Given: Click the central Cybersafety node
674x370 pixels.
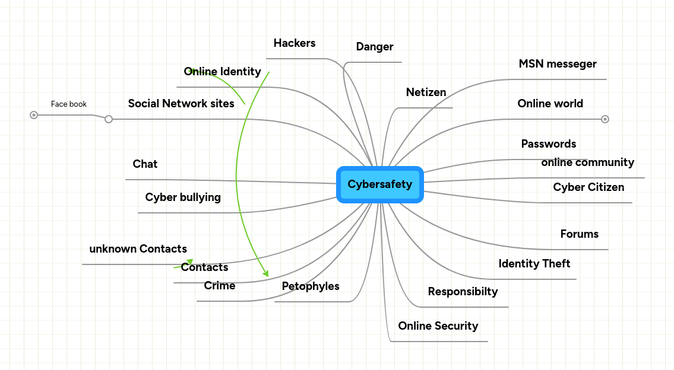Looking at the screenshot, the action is tap(379, 184).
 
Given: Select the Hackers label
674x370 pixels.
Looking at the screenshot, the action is tap(295, 43).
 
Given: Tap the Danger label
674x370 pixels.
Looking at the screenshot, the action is tap(375, 47).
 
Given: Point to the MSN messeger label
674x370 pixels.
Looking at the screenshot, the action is tap(558, 64).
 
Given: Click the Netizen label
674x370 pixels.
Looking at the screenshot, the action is tap(426, 92).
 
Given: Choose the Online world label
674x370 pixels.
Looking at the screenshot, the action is tap(550, 104).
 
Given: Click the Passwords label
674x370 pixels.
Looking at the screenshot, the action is tap(548, 144).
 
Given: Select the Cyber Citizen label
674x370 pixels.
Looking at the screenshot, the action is tap(588, 187).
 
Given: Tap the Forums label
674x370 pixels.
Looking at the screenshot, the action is tap(579, 234).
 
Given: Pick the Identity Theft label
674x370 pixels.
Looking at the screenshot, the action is tap(534, 264).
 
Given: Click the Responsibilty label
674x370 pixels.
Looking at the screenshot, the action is tap(463, 292).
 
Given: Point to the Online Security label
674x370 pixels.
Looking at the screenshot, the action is tap(438, 326).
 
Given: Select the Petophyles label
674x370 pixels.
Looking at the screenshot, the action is tap(311, 286).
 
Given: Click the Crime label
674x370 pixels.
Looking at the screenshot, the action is tap(220, 286).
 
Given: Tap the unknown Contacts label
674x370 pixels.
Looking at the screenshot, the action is tap(138, 249).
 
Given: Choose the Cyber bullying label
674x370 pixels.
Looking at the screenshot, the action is tap(183, 197).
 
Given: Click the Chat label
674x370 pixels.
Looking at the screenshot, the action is tap(145, 164).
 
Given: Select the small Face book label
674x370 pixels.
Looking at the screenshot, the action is tap(69, 104).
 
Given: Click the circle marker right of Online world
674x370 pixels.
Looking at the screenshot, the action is tap(605, 119).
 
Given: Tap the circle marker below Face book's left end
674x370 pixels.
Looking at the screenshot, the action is tap(34, 115).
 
